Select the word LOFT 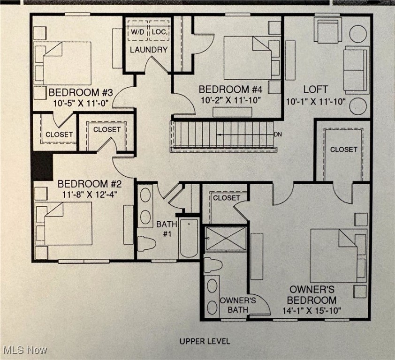[x=315, y=89]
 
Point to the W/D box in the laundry [x=137, y=32]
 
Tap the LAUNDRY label [x=148, y=50]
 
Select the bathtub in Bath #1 [x=189, y=237]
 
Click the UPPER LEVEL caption [x=205, y=341]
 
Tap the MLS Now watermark [x=24, y=350]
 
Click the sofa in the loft [x=357, y=70]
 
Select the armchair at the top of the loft [x=327, y=30]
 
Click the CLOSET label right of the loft [x=343, y=150]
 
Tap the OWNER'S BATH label [x=238, y=305]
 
